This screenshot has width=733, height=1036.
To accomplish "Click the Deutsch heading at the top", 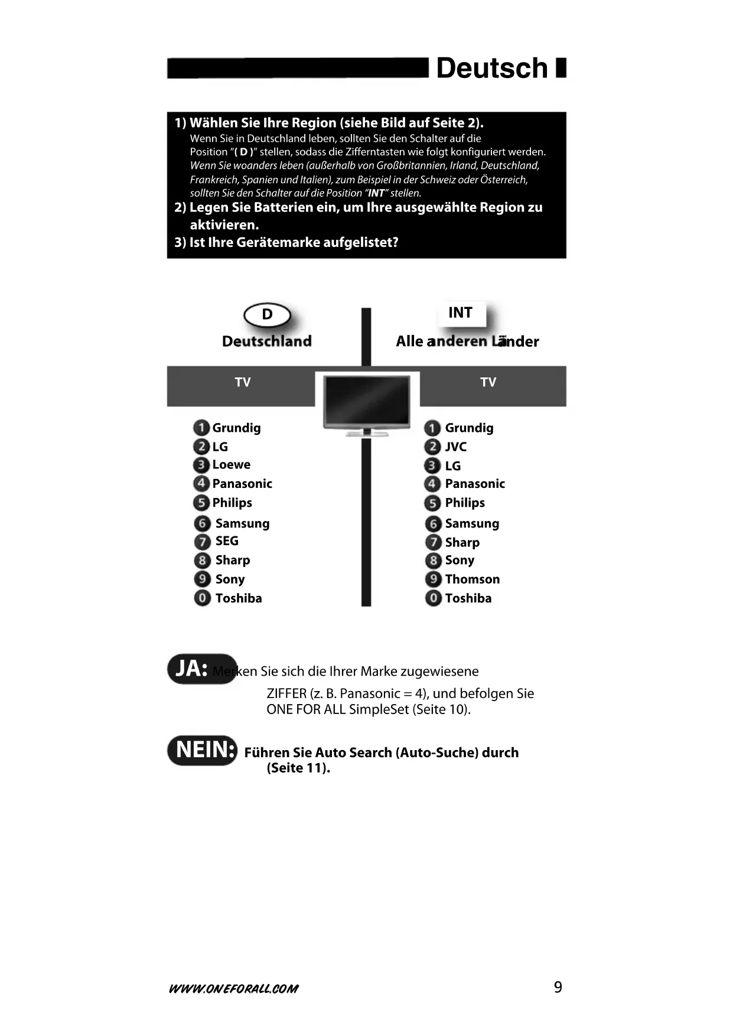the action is [x=492, y=69].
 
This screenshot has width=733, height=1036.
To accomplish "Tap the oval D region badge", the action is [x=267, y=315].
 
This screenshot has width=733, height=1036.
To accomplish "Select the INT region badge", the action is [x=461, y=313].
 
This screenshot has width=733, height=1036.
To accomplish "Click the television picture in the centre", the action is [x=367, y=404].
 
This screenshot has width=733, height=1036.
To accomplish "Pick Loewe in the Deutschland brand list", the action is [x=231, y=465].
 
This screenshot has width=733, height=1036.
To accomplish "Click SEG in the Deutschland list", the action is [x=227, y=541].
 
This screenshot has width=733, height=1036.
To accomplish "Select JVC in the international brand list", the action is [x=455, y=447].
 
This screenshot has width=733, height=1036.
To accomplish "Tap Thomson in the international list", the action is [x=472, y=579].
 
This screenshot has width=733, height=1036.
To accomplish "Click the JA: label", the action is [x=191, y=669].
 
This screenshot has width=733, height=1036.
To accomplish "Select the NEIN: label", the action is [x=205, y=750].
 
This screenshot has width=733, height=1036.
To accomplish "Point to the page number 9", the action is [x=558, y=988].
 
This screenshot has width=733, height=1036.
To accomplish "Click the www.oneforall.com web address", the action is [x=233, y=989].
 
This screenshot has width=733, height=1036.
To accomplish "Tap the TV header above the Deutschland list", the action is [x=243, y=382].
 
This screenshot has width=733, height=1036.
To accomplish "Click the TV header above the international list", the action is [x=488, y=382].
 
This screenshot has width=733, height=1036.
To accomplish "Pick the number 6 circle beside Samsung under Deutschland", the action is [x=202, y=523].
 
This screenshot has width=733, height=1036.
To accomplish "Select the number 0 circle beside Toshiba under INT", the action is [x=433, y=598].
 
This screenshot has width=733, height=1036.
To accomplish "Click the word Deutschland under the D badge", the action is [x=266, y=341].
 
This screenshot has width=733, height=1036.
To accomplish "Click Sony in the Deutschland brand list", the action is [x=230, y=579].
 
